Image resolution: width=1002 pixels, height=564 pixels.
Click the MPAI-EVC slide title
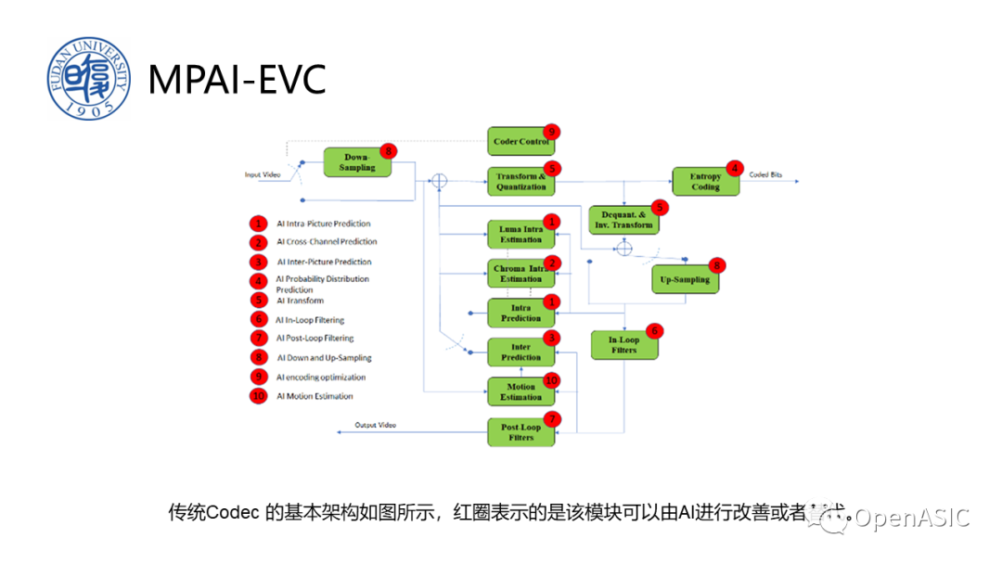pyautogui.click(x=238, y=81)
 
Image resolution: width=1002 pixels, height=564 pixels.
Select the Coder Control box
pyautogui.click(x=520, y=141)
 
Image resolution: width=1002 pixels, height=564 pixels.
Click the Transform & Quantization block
pyautogui.click(x=520, y=181)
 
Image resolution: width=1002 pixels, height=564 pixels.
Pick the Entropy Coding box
pyautogui.click(x=705, y=181)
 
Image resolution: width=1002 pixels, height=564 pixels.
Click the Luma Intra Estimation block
pyautogui.click(x=520, y=234)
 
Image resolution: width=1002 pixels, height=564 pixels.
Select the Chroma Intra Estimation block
pyautogui.click(x=520, y=274)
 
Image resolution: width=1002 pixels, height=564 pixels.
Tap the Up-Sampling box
pyautogui.click(x=685, y=279)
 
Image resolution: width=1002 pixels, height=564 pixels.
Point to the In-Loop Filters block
pyautogui.click(x=624, y=345)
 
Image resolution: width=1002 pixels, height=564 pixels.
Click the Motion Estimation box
pyautogui.click(x=520, y=391)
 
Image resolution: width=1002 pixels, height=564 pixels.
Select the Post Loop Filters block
pyautogui.click(x=520, y=432)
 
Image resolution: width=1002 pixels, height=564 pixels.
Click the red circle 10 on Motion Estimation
pyautogui.click(x=552, y=379)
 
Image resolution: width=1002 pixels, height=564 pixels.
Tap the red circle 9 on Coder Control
pyautogui.click(x=552, y=132)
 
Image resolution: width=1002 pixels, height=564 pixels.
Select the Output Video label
pyautogui.click(x=375, y=425)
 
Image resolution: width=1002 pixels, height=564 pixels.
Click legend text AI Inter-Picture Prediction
pyautogui.click(x=324, y=262)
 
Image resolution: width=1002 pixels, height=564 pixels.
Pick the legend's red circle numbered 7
pyautogui.click(x=258, y=339)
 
